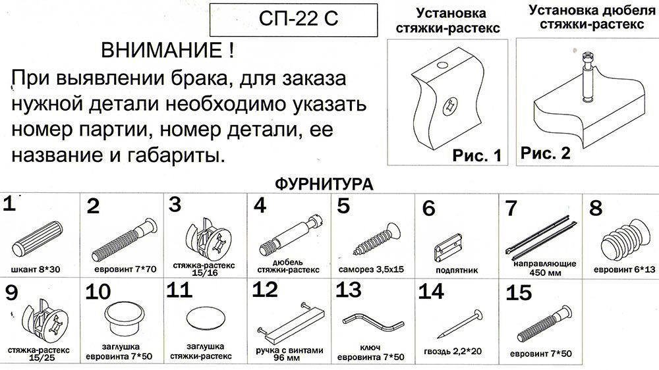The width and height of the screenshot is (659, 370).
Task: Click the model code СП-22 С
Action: (298, 18)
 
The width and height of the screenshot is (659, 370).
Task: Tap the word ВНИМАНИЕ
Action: (162, 51)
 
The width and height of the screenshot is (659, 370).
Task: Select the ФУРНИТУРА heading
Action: (324, 184)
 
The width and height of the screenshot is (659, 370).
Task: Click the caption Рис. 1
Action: (477, 155)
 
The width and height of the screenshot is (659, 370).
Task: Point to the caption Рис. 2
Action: (546, 153)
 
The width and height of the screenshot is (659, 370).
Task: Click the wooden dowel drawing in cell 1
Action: (38, 238)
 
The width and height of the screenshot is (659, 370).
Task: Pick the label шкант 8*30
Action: (36, 270)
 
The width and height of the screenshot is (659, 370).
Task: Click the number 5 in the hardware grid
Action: (343, 206)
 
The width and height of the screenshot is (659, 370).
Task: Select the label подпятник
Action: (457, 270)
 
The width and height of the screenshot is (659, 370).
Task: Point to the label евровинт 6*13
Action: (625, 270)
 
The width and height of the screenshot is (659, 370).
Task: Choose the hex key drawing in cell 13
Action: (374, 323)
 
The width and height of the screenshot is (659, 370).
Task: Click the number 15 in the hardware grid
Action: (519, 293)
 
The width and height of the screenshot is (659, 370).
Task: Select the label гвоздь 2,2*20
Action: (453, 352)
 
